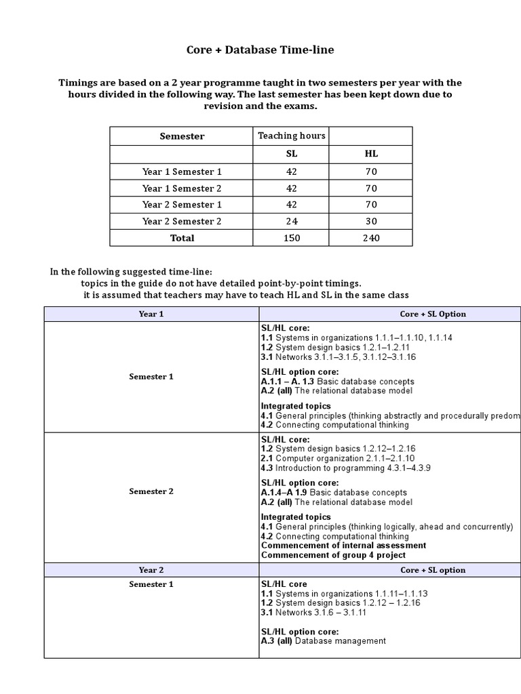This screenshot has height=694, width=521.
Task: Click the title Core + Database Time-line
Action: (x=260, y=49)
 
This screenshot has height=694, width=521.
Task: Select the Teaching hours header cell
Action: (x=291, y=136)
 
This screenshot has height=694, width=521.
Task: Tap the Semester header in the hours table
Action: (x=182, y=136)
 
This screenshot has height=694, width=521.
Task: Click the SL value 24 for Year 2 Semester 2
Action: (x=292, y=222)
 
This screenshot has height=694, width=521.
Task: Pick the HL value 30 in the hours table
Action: (x=371, y=222)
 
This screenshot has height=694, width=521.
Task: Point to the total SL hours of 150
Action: (x=292, y=238)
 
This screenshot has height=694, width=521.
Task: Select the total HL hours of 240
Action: (x=371, y=238)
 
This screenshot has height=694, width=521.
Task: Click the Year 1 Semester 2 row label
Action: (x=182, y=188)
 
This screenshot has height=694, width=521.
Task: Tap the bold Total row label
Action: (x=182, y=238)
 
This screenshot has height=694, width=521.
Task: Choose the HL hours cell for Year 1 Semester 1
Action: (x=371, y=171)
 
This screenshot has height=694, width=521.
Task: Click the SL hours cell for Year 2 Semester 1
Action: (x=292, y=205)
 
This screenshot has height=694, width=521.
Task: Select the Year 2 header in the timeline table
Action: (x=151, y=570)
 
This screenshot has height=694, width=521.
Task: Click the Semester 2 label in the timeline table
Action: (x=151, y=491)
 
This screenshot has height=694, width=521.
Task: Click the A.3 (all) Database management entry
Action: (x=323, y=641)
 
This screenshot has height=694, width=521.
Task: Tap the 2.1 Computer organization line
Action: (x=328, y=458)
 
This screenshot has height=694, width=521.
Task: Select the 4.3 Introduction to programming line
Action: (x=345, y=468)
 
